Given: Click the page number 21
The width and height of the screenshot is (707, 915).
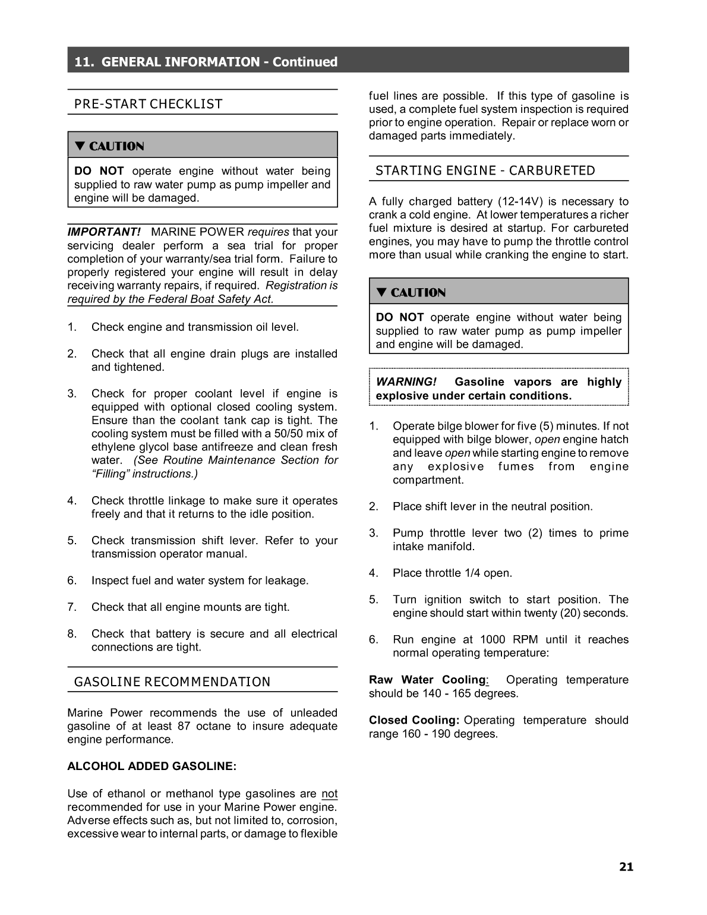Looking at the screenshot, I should pyautogui.click(x=626, y=867).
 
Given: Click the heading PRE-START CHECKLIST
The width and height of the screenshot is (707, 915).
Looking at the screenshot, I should pyautogui.click(x=148, y=105).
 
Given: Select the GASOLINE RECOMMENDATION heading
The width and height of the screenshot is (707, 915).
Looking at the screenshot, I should pyautogui.click(x=172, y=682).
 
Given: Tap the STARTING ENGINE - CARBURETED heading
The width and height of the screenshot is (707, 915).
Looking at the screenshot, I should pyautogui.click(x=485, y=171).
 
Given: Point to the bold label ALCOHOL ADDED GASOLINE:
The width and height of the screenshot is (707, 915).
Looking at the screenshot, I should pyautogui.click(x=151, y=766).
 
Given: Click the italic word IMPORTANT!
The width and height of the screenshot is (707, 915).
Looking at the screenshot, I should pyautogui.click(x=103, y=232).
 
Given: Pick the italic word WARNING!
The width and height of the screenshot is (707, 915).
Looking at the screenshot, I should pyautogui.click(x=406, y=382).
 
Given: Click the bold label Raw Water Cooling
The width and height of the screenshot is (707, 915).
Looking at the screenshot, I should pyautogui.click(x=427, y=680).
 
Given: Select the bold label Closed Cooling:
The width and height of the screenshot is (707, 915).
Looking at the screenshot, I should pyautogui.click(x=414, y=720).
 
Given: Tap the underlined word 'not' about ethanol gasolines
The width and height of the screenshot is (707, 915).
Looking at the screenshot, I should pyautogui.click(x=329, y=794).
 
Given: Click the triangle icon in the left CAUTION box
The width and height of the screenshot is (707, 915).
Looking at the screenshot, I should pyautogui.click(x=80, y=146).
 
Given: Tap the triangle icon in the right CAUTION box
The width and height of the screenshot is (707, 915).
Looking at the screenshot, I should pyautogui.click(x=381, y=292).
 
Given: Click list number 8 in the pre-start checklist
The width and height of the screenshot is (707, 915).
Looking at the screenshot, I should pyautogui.click(x=71, y=634).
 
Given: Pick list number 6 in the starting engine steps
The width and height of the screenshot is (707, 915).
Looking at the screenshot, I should pyautogui.click(x=373, y=640).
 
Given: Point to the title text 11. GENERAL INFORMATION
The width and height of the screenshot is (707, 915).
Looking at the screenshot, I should pyautogui.click(x=168, y=62).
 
